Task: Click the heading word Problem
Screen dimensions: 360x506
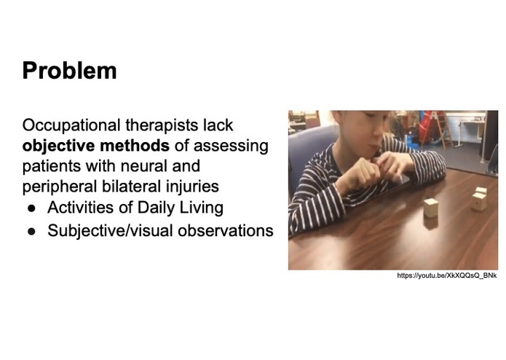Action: coord(69,71)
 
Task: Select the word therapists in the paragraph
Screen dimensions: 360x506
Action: coord(170,125)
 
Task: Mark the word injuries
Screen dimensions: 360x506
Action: coord(192,187)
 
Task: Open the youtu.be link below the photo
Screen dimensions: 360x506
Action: coord(447,275)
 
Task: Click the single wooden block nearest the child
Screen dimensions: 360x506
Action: coord(431,208)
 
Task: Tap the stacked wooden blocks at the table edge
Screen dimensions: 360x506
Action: coord(479,199)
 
